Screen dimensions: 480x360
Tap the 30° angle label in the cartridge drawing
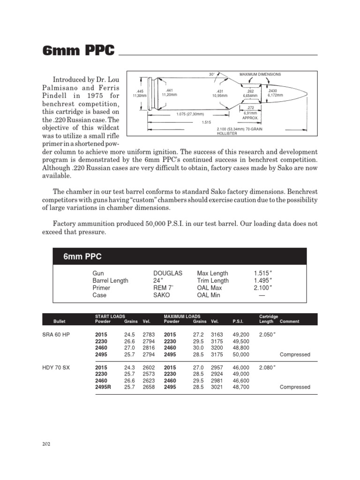coord(212,75)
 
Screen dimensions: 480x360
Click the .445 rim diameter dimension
coord(140,91)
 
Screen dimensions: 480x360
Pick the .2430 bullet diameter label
coord(272,91)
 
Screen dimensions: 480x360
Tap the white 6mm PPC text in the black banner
coord(82,257)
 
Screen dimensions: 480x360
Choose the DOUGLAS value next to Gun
coord(167,273)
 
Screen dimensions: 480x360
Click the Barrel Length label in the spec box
coord(110,281)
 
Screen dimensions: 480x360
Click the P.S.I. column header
coord(238,322)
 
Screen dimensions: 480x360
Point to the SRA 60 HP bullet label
coord(55,335)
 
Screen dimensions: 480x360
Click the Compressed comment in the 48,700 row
coord(295,387)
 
